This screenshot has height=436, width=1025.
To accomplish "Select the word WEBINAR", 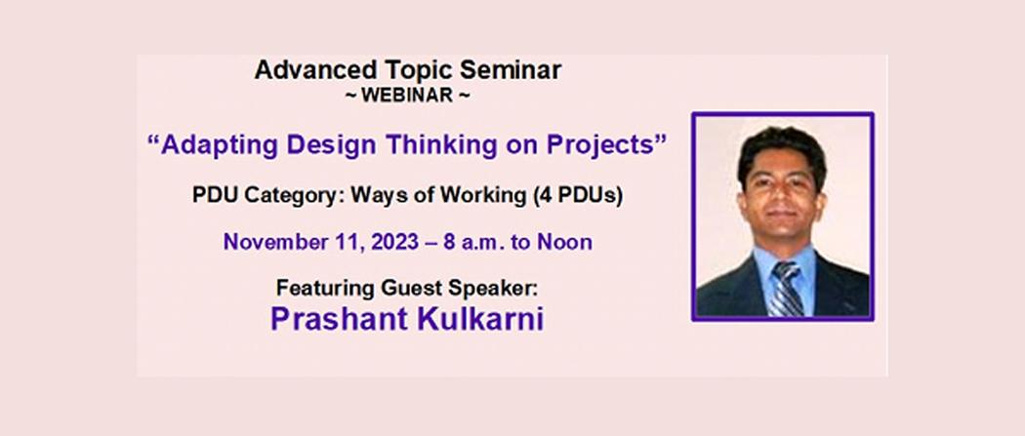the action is [x=407, y=96].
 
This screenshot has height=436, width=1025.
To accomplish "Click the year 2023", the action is [x=394, y=242].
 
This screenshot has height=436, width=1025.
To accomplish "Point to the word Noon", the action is [x=565, y=242].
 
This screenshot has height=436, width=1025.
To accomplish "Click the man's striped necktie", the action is [x=786, y=289].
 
